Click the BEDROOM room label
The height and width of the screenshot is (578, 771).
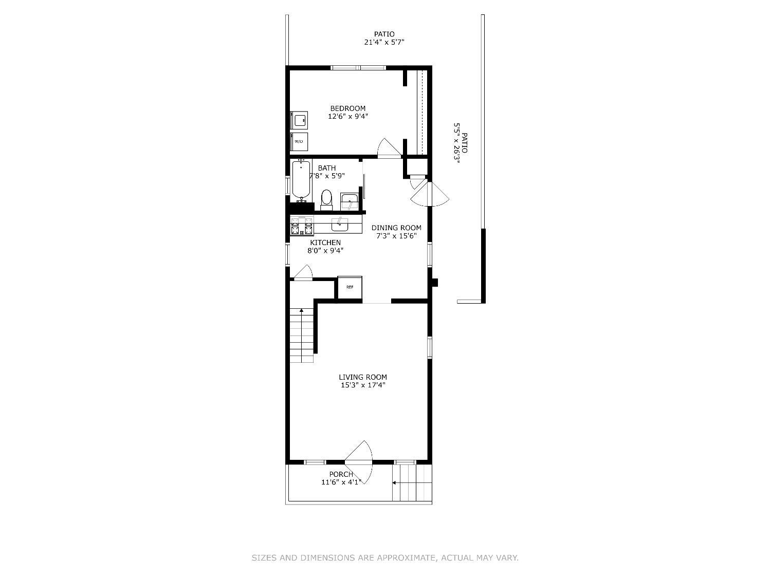tap(348, 108)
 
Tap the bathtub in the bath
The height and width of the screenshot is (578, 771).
tap(301, 180)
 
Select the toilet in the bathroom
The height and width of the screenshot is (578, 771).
tap(326, 199)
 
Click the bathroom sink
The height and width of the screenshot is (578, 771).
tap(350, 201)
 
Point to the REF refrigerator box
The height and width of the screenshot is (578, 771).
tap(350, 287)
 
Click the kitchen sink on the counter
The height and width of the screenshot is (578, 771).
tap(339, 225)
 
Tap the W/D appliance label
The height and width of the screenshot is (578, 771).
tap(299, 141)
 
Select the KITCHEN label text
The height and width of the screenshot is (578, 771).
tap(325, 243)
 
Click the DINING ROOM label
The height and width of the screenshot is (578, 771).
tap(396, 228)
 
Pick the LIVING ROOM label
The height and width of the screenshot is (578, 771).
tap(363, 377)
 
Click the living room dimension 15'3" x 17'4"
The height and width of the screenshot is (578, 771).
tap(363, 385)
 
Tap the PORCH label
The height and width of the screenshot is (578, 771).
tap(341, 474)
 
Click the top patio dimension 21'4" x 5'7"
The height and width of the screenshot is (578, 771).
tap(384, 43)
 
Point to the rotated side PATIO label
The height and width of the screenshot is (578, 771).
tap(465, 143)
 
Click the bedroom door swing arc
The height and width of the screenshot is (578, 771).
tap(387, 146)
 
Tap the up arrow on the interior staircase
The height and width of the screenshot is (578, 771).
tap(301, 311)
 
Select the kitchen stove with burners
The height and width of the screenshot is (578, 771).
tap(302, 226)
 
